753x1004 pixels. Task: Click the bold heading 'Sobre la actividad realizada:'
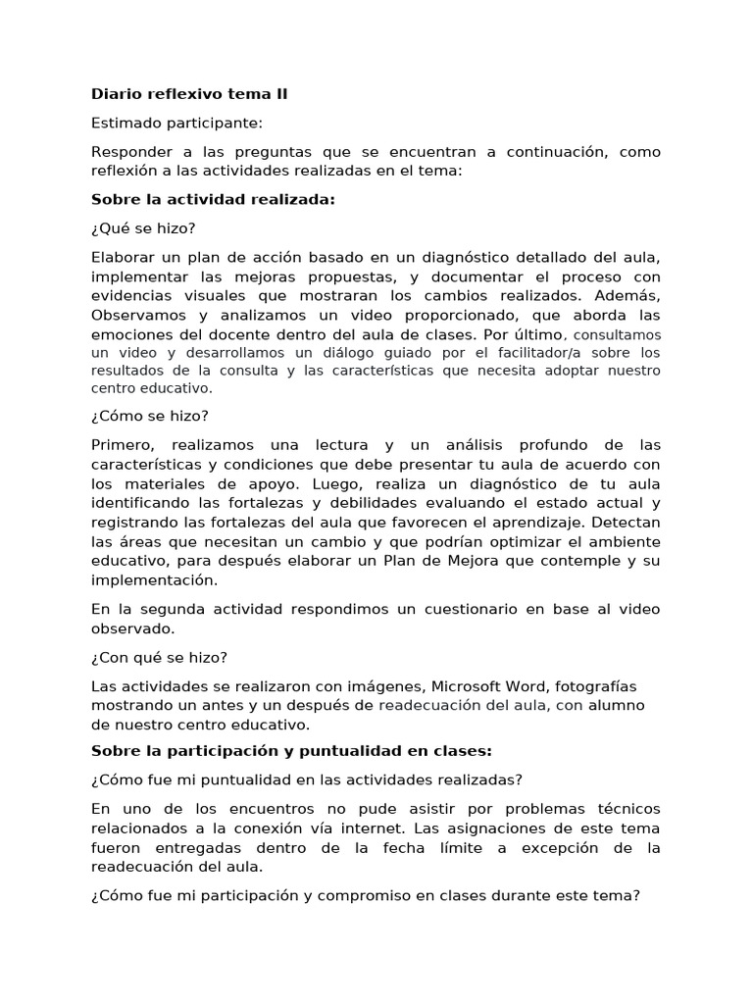213,199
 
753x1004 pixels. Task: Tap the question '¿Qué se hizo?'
143,228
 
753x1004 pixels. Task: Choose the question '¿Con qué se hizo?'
159,656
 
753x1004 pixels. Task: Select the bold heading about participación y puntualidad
290,750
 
